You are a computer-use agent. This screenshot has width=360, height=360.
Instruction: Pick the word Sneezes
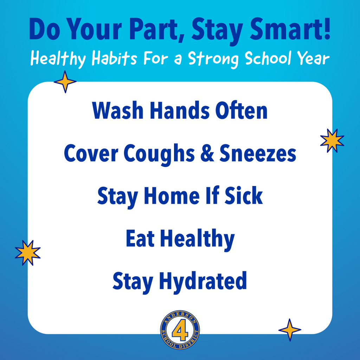click(x=258, y=154)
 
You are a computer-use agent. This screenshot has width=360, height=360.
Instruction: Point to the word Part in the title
click(x=157, y=31)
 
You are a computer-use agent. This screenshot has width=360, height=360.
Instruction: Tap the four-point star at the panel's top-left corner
click(x=65, y=82)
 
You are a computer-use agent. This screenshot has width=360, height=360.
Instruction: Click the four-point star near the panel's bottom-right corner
click(x=290, y=330)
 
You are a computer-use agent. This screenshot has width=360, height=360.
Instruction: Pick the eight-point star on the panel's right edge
click(x=332, y=141)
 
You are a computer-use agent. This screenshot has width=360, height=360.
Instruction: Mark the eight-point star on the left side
click(x=28, y=252)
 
